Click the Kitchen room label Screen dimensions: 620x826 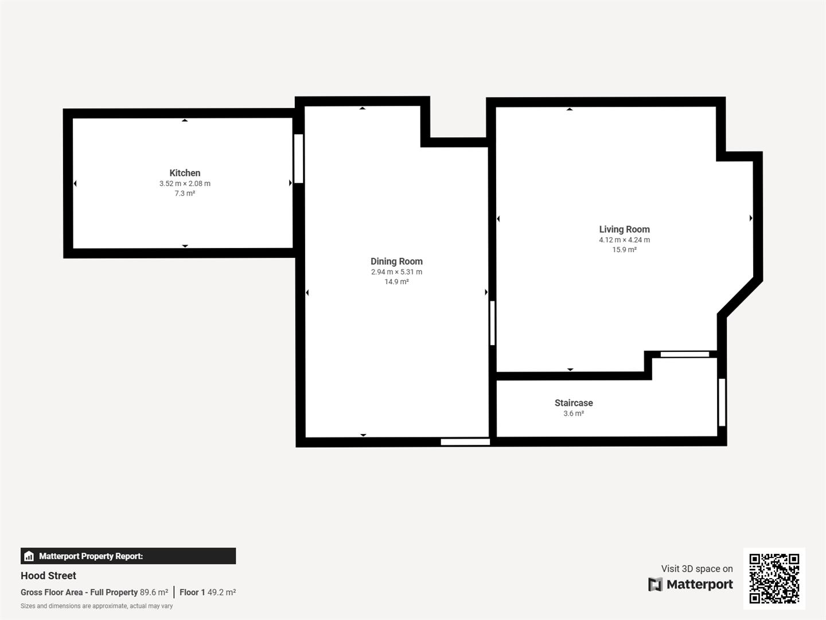click(185, 173)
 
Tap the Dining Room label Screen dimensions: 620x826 click(396, 261)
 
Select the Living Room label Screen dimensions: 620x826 click(624, 229)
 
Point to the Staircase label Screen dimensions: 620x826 click(574, 403)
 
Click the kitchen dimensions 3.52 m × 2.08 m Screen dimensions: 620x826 click(185, 184)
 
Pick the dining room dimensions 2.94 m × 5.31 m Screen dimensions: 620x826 click(396, 272)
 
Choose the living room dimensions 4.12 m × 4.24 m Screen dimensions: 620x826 click(624, 240)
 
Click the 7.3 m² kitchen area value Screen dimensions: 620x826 click(185, 193)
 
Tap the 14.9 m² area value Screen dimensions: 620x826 click(396, 282)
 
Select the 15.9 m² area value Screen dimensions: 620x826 click(624, 250)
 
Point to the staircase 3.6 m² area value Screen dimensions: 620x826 click(574, 413)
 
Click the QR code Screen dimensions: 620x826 click(774, 578)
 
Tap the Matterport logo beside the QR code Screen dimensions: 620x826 click(691, 584)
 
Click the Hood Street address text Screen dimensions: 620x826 click(48, 576)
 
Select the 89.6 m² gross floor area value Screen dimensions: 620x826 click(154, 592)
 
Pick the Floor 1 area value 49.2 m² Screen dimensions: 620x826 click(221, 592)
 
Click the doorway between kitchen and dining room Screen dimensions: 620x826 click(298, 158)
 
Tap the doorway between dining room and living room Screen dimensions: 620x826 click(492, 323)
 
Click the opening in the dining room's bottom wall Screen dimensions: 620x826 click(465, 442)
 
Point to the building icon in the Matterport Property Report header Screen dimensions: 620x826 click(29, 556)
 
